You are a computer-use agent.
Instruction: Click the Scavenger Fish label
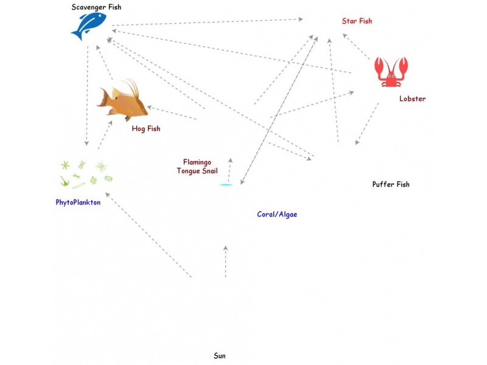[96, 7]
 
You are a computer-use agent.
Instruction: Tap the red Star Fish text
[357, 21]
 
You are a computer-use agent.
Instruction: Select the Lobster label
[412, 99]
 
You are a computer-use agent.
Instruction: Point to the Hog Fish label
[146, 128]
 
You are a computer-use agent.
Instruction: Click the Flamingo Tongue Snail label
[197, 167]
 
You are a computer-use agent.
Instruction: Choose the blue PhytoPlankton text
[78, 203]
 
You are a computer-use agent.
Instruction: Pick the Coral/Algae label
[277, 215]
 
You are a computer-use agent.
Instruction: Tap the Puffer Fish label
[391, 184]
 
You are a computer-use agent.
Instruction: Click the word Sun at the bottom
[220, 356]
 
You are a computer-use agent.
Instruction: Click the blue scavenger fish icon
[89, 26]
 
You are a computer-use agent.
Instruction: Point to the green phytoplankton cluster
[86, 173]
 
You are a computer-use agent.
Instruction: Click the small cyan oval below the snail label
[226, 184]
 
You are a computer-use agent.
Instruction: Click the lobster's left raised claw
[379, 64]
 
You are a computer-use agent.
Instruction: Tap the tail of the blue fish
[77, 33]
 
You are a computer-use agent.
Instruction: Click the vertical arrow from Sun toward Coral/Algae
[225, 262]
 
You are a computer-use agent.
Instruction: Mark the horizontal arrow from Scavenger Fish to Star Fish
[207, 22]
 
